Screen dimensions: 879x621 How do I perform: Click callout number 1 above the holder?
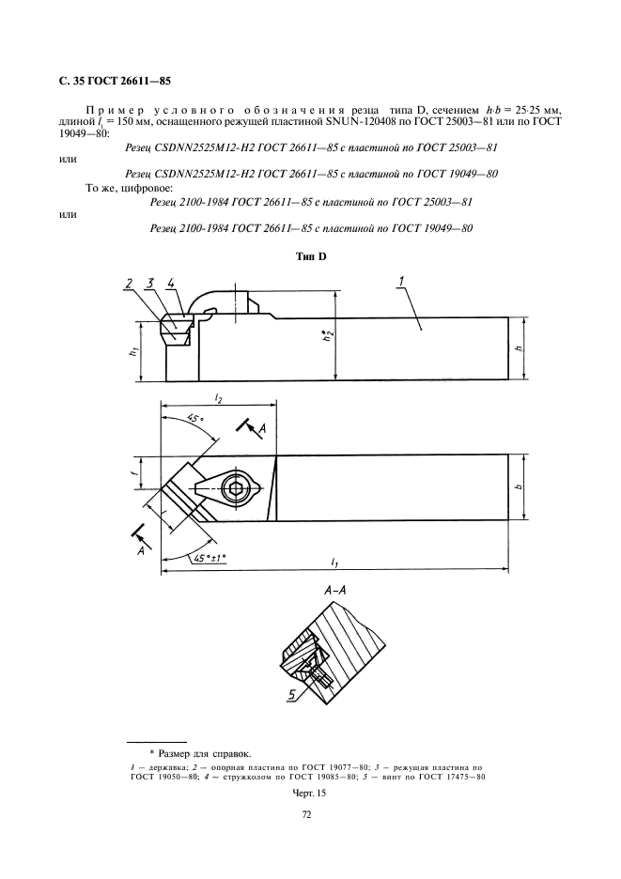click(400, 280)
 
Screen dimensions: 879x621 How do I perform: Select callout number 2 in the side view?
click(127, 283)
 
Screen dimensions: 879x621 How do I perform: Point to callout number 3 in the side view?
click(148, 283)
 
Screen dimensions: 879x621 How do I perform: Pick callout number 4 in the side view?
click(170, 283)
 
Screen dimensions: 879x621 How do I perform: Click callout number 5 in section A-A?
click(292, 695)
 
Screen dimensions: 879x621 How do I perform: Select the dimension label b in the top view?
click(519, 487)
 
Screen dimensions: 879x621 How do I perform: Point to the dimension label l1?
click(335, 563)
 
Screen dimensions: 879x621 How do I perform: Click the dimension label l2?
click(218, 399)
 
